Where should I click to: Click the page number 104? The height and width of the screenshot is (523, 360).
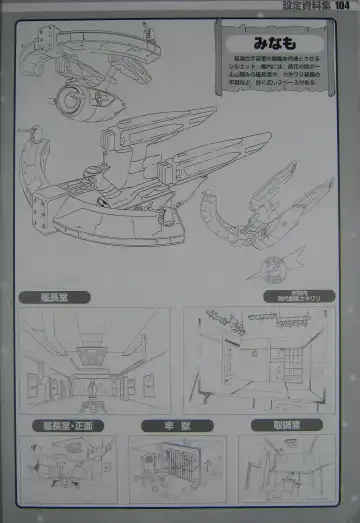[x=342, y=7]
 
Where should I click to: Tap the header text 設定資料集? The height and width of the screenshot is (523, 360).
[x=306, y=7]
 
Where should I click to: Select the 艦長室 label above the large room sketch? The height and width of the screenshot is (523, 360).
[x=63, y=297]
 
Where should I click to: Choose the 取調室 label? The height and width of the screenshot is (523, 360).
[x=290, y=424]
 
